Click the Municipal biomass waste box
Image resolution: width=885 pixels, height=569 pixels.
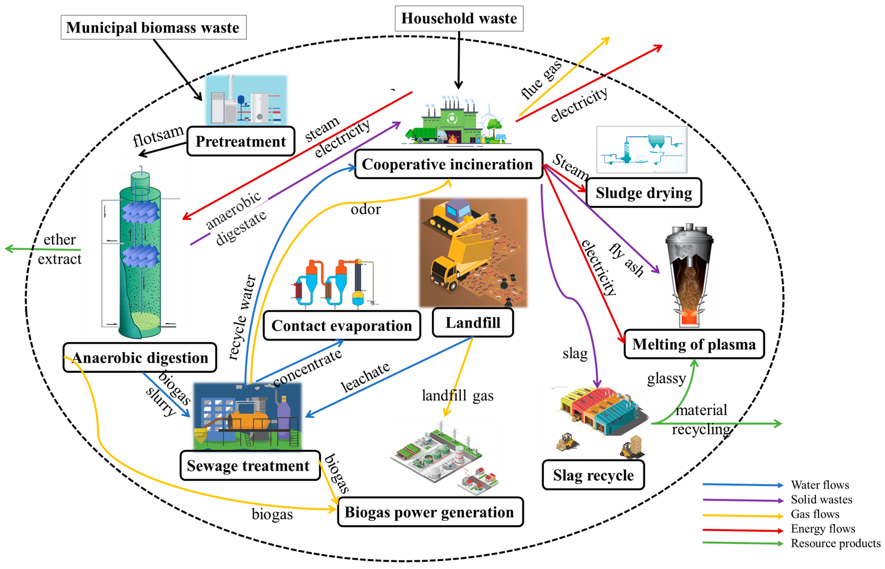point(153,27)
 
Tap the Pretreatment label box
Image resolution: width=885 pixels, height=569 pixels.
point(241,141)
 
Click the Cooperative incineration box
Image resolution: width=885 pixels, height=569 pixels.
point(448,164)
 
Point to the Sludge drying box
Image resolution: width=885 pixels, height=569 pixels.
point(643,192)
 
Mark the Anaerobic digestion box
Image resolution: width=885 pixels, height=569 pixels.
point(140,357)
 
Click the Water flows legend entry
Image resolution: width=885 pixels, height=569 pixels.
point(819,484)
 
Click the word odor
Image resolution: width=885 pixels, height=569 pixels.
point(365,210)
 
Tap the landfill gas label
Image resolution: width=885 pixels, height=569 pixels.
point(457,395)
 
